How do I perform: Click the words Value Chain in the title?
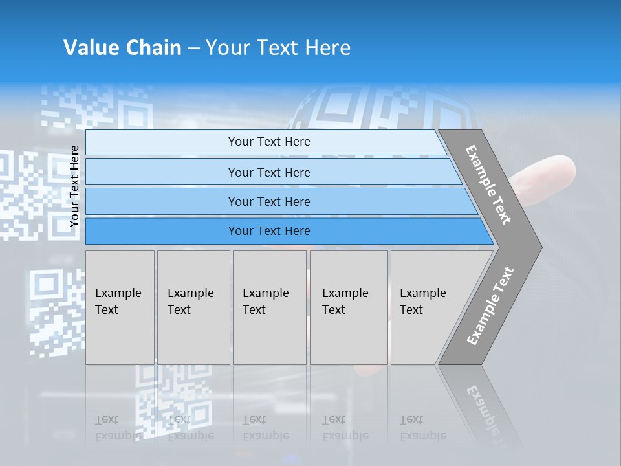122,48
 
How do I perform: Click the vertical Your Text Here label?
74,186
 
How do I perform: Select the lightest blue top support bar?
162,142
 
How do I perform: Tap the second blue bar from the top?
162,172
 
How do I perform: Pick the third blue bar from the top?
162,201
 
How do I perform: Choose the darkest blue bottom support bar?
162,231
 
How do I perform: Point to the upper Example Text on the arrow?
488,184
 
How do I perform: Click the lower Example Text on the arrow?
490,306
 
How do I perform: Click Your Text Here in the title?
278,48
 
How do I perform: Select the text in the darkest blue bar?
269,231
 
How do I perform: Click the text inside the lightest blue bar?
269,142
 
